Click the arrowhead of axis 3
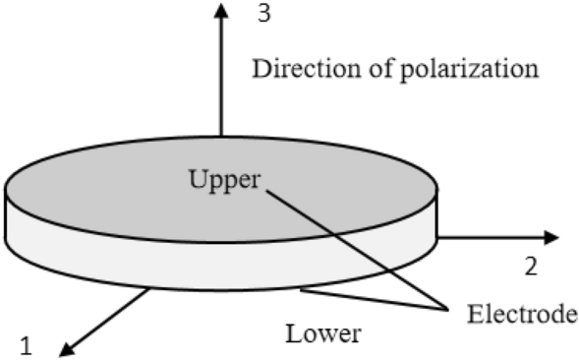pyautogui.click(x=221, y=11)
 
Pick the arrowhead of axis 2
pyautogui.click(x=551, y=237)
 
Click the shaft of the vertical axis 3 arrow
pyautogui.click(x=221, y=79)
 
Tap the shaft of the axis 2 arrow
pyautogui.click(x=492, y=237)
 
